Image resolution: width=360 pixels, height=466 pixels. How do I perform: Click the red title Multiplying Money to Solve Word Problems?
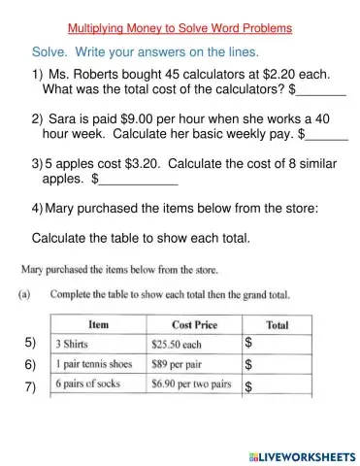pos(180,28)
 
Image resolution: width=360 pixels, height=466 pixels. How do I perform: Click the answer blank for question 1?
pos(321,93)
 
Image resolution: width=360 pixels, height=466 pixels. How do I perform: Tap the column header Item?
pos(98,324)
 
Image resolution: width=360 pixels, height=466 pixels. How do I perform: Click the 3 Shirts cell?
pos(98,344)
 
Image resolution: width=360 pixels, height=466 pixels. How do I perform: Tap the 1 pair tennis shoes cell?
pos(98,365)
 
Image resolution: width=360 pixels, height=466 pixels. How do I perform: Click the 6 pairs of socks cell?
pos(98,385)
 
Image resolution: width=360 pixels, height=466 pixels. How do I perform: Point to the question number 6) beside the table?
pos(30,365)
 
